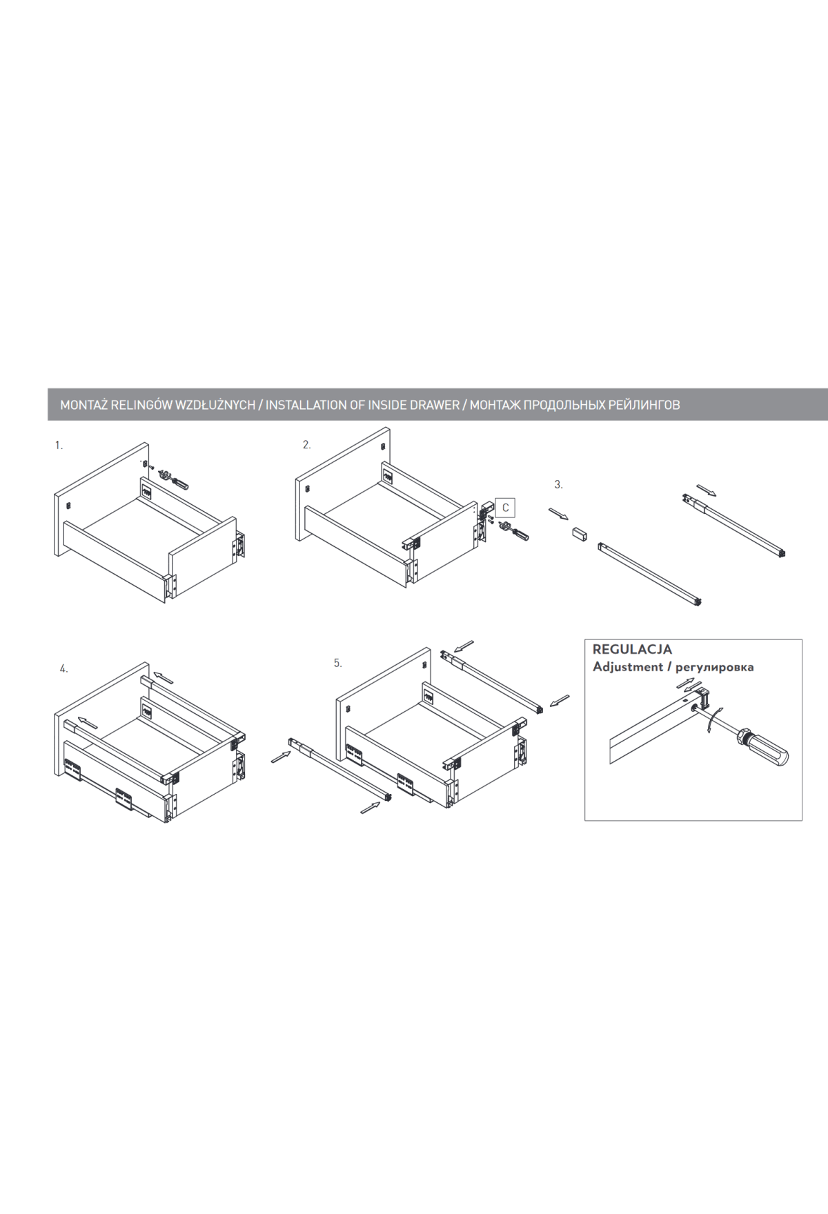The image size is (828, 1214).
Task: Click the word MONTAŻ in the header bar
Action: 84,405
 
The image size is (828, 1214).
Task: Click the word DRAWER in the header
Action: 435,405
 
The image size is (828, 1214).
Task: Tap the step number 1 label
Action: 59,446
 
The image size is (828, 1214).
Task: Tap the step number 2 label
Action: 306,445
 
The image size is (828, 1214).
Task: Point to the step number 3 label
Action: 558,485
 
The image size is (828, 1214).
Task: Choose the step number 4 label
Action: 63,668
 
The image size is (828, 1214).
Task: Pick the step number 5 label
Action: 337,663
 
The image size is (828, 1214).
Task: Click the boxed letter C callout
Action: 505,508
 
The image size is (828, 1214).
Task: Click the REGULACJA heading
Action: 632,649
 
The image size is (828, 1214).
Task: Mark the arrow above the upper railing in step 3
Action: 707,490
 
